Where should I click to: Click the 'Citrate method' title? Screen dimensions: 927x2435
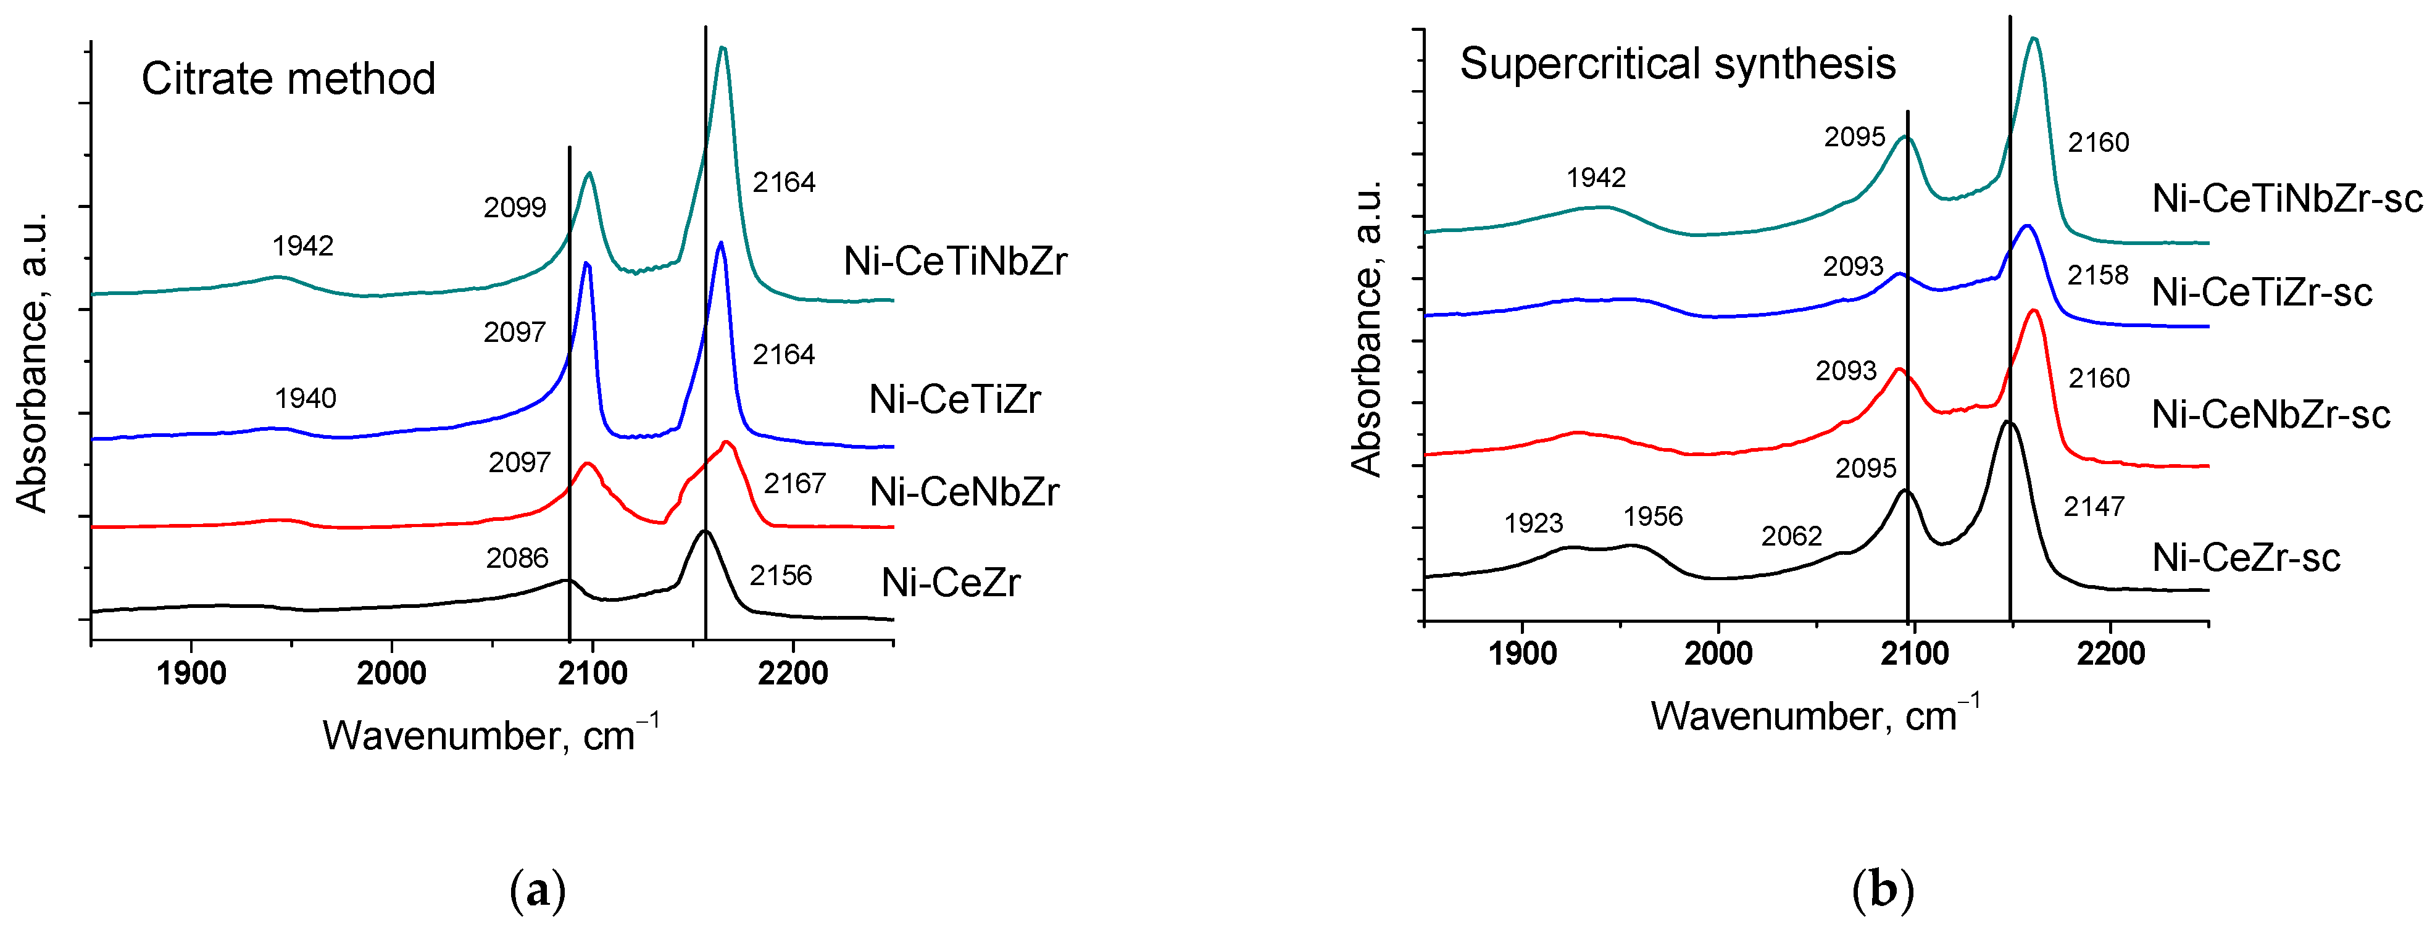coord(288,78)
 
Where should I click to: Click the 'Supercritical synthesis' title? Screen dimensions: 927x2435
coord(1677,64)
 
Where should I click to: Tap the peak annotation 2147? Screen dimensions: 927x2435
coord(2094,507)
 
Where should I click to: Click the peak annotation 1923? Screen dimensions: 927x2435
coord(1533,523)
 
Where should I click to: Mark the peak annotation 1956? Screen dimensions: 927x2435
coord(1653,516)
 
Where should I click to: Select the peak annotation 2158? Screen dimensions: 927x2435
coord(2097,275)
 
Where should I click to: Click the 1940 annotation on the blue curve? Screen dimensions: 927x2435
coord(306,398)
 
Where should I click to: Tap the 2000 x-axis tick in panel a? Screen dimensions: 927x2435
coord(391,673)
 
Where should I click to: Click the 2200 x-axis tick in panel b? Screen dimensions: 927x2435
coord(2111,653)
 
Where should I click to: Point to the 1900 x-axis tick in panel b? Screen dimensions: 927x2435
coord(1522,653)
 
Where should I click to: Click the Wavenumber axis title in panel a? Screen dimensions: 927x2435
coord(489,734)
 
